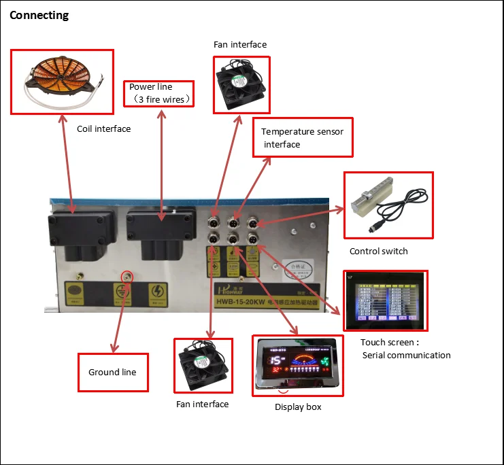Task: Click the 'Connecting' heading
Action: [39, 15]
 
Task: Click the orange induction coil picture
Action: [61, 81]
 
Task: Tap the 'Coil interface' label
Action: [103, 128]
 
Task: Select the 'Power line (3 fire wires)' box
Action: [160, 93]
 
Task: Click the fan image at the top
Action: [241, 85]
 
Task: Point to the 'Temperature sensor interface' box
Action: [303, 137]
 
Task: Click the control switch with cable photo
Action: [388, 205]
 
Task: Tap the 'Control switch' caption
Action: [378, 251]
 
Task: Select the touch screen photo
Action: [386, 298]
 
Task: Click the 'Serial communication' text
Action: [406, 355]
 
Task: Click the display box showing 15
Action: [297, 366]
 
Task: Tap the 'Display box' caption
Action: [298, 407]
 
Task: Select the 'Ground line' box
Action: [113, 372]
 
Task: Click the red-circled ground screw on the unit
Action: [126, 276]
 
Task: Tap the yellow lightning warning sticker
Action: [158, 295]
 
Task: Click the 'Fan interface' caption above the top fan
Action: [240, 45]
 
